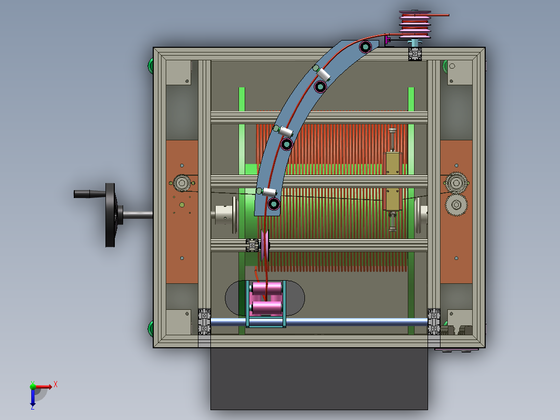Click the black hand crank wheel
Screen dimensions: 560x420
pyautogui.click(x=110, y=215)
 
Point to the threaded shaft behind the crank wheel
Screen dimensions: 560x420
pyautogui.click(x=138, y=215)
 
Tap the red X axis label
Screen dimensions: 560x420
pyautogui.click(x=56, y=385)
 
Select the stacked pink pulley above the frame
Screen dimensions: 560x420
pyautogui.click(x=415, y=24)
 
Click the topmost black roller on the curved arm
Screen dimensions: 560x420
pyautogui.click(x=365, y=47)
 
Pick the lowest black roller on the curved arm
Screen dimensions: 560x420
pyautogui.click(x=274, y=204)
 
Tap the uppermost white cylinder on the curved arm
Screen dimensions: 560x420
pyautogui.click(x=323, y=74)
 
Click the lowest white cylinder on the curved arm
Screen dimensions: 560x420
pyautogui.click(x=269, y=192)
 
